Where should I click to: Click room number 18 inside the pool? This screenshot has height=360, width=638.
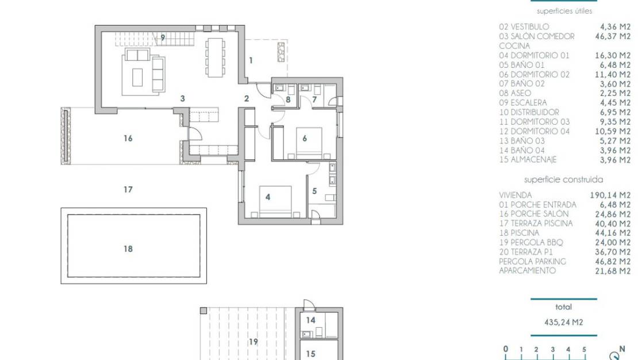[128, 248]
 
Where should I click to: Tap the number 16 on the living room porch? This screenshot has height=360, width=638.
[128, 138]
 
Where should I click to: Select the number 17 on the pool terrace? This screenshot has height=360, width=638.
[128, 189]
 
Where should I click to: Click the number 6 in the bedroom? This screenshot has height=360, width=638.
[305, 138]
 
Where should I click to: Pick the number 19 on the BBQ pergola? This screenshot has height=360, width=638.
[253, 342]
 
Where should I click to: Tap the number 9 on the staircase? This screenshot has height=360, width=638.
[163, 37]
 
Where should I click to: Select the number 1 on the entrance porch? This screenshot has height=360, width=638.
[251, 60]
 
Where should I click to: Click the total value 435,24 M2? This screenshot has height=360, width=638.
[563, 323]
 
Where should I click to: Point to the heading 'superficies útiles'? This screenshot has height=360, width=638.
[564, 11]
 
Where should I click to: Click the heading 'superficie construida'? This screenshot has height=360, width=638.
[563, 179]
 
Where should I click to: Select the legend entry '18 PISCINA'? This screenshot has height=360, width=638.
[519, 233]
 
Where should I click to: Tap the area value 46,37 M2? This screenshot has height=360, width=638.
[613, 36]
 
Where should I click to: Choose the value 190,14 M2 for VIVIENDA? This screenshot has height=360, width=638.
[610, 195]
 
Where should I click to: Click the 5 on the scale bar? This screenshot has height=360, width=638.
[584, 349]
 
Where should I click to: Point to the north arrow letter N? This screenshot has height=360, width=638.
[621, 348]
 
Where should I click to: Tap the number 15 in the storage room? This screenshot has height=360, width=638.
[310, 354]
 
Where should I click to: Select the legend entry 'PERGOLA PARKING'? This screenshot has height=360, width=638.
[532, 261]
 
